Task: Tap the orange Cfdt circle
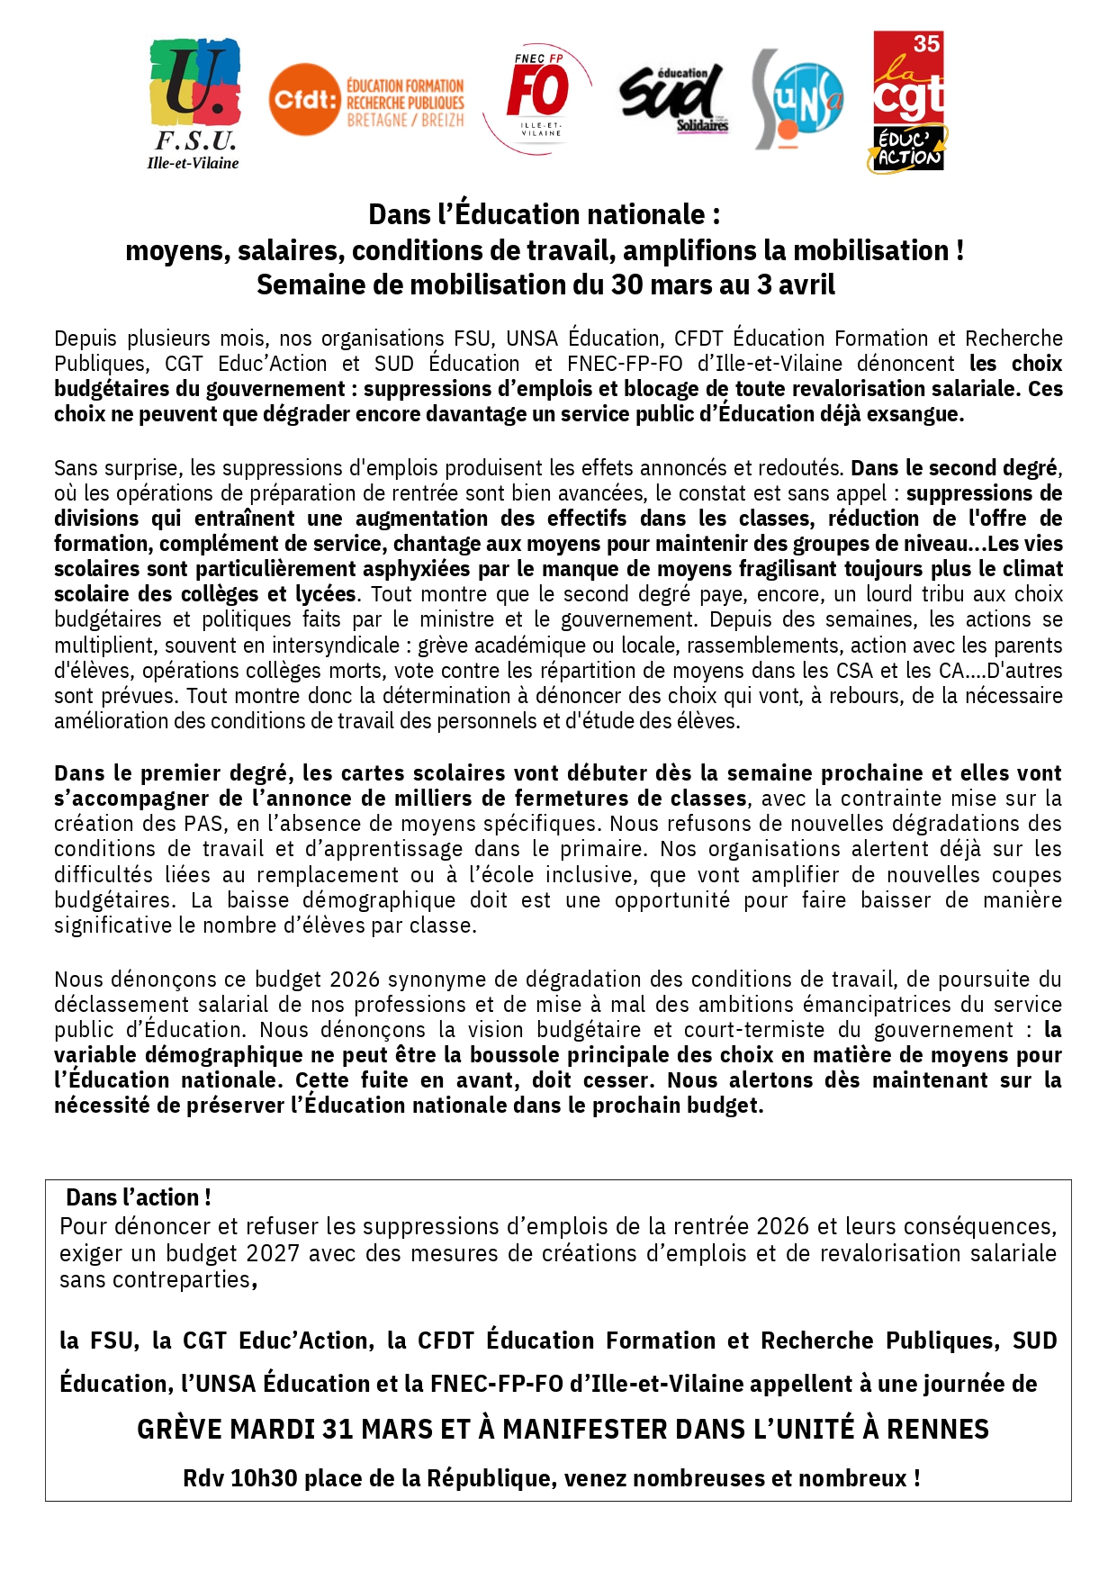point(304,99)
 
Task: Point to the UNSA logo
point(797,99)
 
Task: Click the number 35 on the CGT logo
point(926,44)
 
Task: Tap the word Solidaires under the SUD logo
point(702,125)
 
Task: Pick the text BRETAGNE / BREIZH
point(405,120)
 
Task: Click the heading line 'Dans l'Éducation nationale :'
point(544,214)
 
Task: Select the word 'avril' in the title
point(806,284)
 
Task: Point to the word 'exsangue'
point(915,414)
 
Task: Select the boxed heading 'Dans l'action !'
point(139,1197)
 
